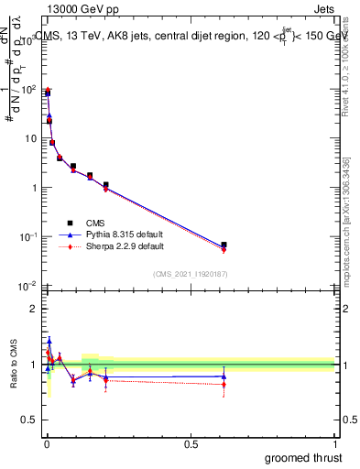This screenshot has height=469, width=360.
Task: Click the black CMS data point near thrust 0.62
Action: click(x=224, y=245)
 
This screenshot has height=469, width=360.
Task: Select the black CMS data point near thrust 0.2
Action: click(x=106, y=185)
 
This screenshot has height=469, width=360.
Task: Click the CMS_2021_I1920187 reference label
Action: click(x=190, y=274)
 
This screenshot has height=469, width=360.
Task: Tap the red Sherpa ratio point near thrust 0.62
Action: click(x=224, y=384)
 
